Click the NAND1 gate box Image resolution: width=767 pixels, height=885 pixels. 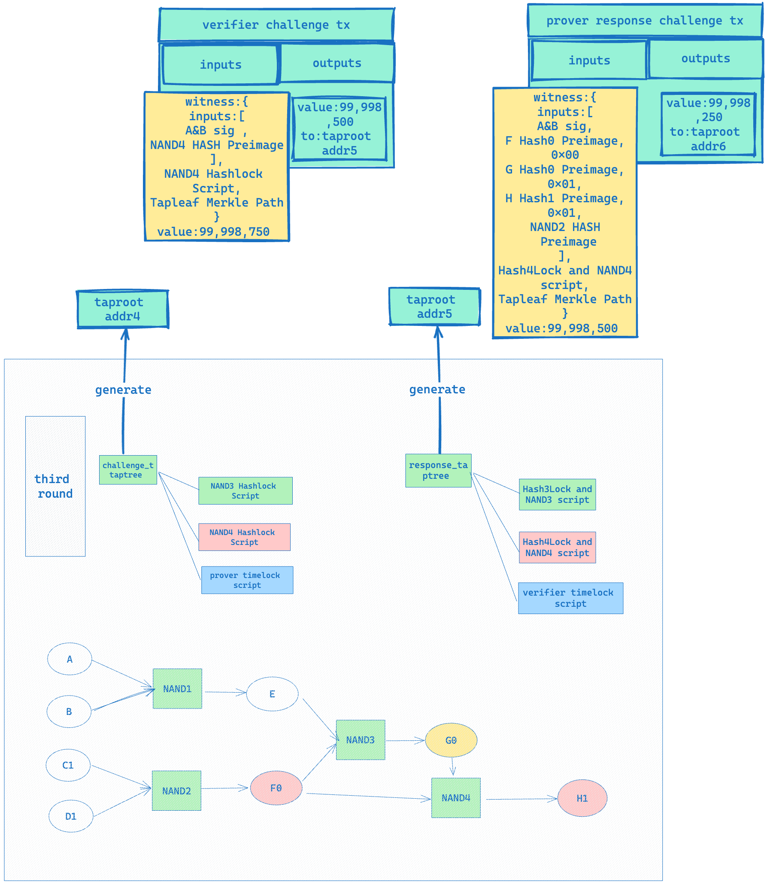click(x=177, y=688)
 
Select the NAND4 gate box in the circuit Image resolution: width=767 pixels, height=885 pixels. click(x=456, y=797)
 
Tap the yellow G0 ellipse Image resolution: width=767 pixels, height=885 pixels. click(x=451, y=740)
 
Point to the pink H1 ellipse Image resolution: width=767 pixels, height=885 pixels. click(x=582, y=798)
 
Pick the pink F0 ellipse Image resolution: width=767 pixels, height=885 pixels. click(x=276, y=788)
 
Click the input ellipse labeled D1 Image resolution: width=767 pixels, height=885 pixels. click(x=71, y=816)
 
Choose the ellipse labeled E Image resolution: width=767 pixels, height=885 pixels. click(x=272, y=694)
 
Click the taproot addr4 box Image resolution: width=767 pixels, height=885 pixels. click(x=123, y=309)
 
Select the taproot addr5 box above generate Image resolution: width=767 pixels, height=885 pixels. click(x=434, y=307)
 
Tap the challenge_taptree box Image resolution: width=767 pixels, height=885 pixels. click(x=128, y=470)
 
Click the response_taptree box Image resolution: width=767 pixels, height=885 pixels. click(x=438, y=470)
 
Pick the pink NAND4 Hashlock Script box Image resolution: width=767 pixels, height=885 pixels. click(x=244, y=537)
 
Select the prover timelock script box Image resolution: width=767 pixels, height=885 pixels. click(x=247, y=580)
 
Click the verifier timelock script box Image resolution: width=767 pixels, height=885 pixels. click(x=570, y=598)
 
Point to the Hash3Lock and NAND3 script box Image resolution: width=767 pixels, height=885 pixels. click(x=557, y=494)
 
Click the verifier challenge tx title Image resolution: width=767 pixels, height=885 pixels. click(x=276, y=25)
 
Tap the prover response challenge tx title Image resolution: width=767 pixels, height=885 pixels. click(x=645, y=21)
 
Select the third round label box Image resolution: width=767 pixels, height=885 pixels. click(x=55, y=486)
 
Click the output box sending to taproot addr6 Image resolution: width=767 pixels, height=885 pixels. click(x=708, y=125)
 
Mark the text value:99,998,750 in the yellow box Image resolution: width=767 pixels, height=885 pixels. click(x=213, y=232)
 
